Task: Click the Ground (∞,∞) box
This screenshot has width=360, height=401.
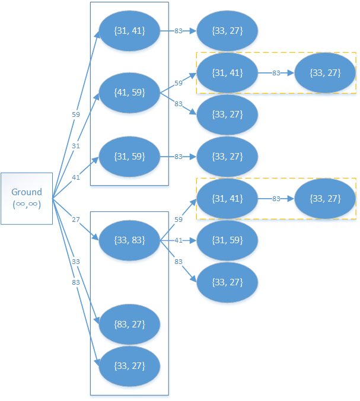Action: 27,198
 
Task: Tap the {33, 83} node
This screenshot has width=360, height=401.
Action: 129,240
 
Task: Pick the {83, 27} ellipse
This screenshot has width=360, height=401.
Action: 129,324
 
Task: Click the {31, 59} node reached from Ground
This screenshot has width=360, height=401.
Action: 129,157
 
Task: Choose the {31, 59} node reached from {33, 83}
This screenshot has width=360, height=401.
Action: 227,240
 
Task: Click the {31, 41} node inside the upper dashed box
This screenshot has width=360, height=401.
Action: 227,73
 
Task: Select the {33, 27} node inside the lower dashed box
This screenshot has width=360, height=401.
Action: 325,198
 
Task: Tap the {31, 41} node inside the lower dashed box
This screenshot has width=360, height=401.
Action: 227,198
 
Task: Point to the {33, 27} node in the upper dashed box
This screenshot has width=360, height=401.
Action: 325,73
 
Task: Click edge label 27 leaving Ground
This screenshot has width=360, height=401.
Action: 75,219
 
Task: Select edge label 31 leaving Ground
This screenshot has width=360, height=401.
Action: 75,145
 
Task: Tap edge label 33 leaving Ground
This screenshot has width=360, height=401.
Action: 75,262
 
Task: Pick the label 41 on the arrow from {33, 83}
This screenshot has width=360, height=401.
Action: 178,240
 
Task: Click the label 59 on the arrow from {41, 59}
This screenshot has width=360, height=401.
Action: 178,83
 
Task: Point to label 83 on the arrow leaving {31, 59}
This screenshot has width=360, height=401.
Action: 178,157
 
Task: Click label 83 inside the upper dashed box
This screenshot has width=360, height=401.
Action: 276,73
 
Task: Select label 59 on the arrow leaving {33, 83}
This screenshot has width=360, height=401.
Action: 178,219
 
